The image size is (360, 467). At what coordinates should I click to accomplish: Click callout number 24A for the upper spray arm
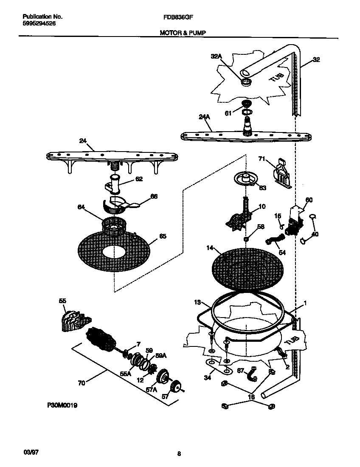coord(204,117)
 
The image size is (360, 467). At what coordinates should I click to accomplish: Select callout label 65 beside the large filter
coord(162,236)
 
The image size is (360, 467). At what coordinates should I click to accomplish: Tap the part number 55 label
coord(62,301)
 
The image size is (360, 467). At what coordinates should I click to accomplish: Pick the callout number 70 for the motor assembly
coord(82,383)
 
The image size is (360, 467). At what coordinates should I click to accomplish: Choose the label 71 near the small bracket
coord(262,159)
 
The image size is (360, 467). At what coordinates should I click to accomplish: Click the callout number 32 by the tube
coord(316,60)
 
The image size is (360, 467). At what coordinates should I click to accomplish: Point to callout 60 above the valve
coord(309,200)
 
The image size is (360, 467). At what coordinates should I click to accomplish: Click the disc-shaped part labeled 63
coord(245,178)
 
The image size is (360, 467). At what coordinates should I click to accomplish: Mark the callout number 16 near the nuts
coord(251,397)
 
